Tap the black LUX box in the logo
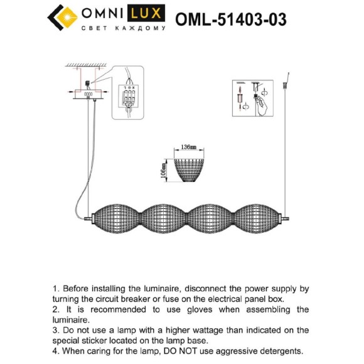(147, 13)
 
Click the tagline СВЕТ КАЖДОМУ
(125, 28)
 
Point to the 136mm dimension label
(188, 147)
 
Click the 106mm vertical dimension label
(164, 169)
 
